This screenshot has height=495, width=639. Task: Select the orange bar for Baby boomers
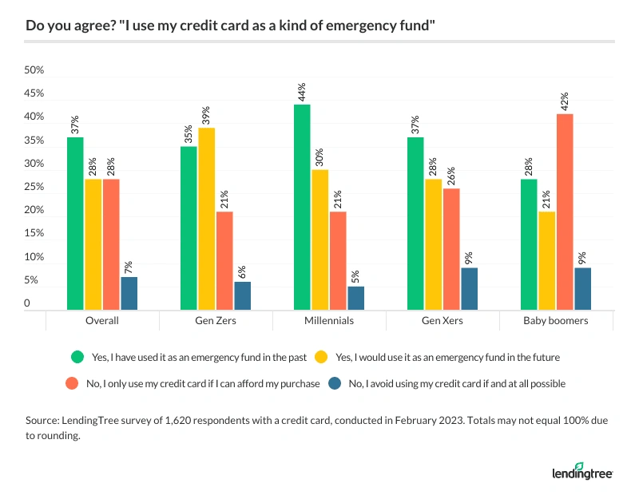(x=565, y=212)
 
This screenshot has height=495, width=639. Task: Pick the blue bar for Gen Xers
(x=469, y=288)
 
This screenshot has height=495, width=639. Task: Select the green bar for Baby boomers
(x=529, y=244)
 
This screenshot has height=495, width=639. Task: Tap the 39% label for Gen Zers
(x=206, y=114)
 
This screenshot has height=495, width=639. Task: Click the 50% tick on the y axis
(x=34, y=70)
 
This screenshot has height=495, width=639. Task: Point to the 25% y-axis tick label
(x=34, y=187)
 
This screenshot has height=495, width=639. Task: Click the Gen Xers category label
(x=443, y=320)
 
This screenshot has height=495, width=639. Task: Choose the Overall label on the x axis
(x=102, y=320)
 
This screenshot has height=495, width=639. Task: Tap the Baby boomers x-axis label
(x=556, y=320)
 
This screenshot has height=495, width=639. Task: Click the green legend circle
(x=77, y=356)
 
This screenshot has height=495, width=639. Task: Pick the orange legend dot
(x=77, y=383)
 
